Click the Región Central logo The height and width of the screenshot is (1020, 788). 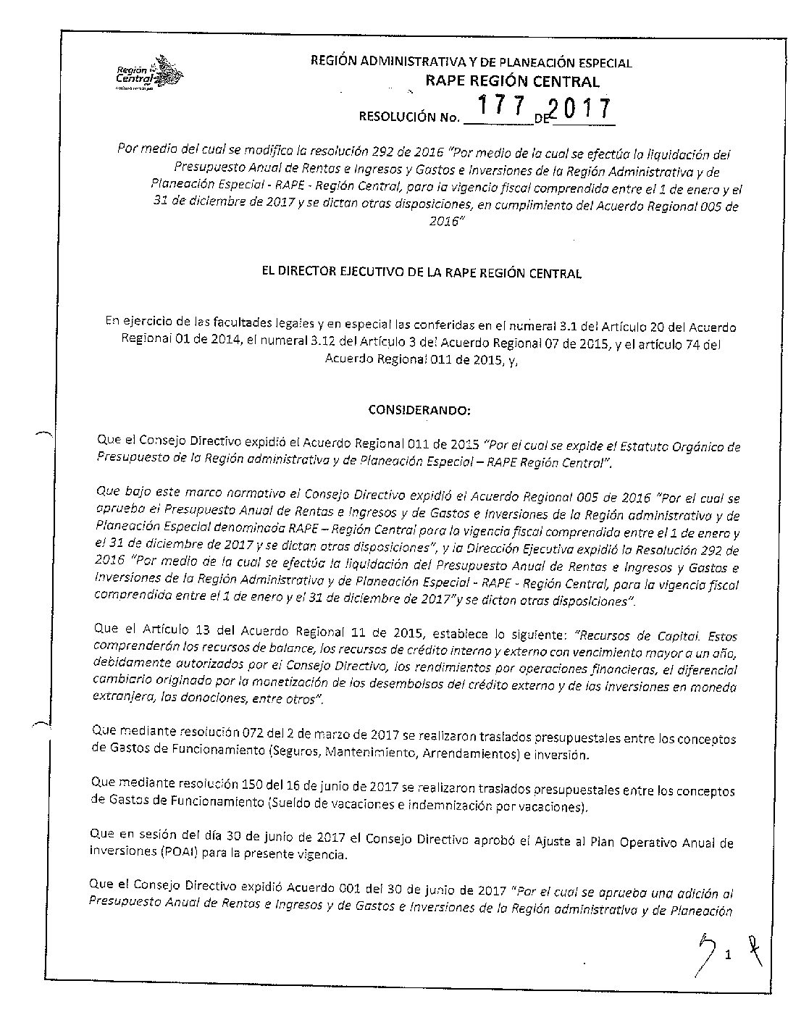pos(149,75)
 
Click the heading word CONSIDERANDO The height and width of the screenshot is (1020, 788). pos(419,411)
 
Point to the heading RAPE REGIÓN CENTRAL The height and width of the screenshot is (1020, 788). pos(512,82)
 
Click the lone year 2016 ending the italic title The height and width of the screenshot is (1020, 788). pos(443,221)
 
